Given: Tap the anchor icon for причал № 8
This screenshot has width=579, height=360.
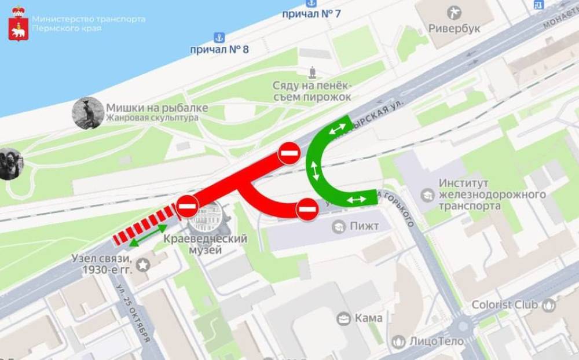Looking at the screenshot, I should (x=219, y=38).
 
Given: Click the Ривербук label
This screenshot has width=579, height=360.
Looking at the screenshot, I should (x=455, y=29).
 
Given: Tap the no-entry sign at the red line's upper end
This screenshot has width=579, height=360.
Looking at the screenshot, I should (x=288, y=153).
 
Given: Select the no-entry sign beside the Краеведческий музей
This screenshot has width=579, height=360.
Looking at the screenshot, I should (x=187, y=206).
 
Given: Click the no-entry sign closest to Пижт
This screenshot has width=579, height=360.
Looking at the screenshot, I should (x=307, y=209).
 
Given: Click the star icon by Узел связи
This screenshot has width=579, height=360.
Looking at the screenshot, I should (x=142, y=265).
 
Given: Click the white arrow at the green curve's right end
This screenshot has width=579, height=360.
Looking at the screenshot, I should (x=357, y=200).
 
